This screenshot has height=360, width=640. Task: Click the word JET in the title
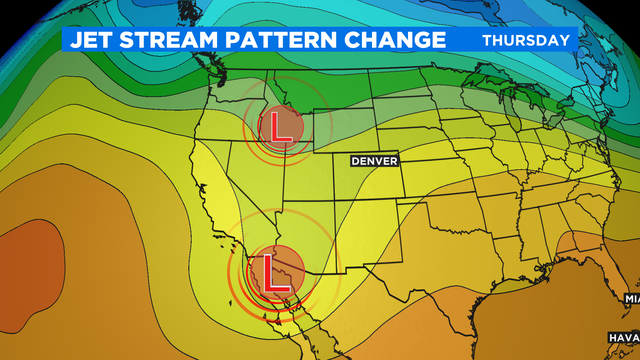coord(91,40)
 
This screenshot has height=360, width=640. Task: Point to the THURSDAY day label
coord(526,40)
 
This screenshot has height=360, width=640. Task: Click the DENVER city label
coord(375,160)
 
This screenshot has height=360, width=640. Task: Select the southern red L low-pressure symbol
coord(270,271)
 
